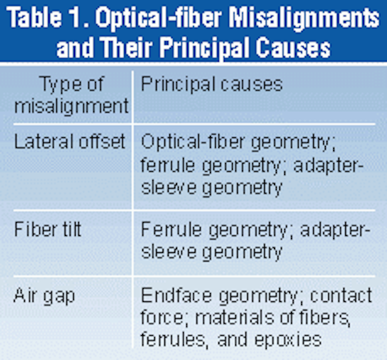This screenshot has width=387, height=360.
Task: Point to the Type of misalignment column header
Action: coord(71,95)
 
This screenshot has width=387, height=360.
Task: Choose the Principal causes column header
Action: coord(212,85)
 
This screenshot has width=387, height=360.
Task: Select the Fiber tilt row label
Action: coord(48,229)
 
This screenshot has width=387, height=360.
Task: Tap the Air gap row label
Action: coord(44,296)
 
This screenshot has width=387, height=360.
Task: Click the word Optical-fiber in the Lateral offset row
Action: coord(193,142)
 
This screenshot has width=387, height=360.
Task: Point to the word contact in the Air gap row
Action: coord(341,295)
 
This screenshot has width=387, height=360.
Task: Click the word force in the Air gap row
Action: coord(163,317)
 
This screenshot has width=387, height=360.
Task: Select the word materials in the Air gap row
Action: coord(235,317)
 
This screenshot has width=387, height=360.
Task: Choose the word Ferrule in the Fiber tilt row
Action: coord(171,229)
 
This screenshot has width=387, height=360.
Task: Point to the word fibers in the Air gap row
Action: coord(325,318)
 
